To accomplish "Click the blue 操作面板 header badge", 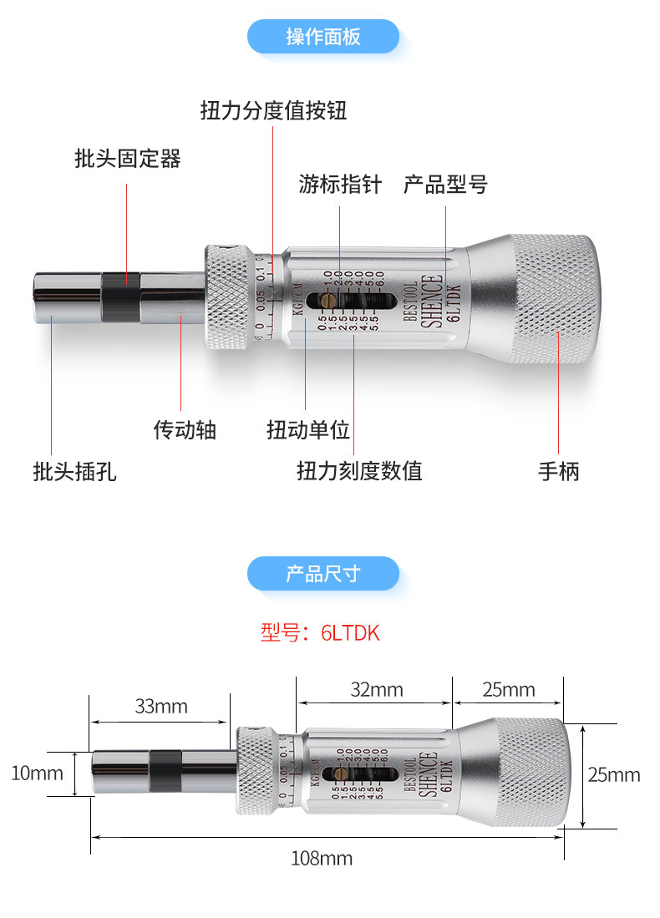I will pos(323,37).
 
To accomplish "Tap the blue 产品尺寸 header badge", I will pos(323,574).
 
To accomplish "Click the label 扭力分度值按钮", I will pos(273,110).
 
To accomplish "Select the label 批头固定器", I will pos(127,158).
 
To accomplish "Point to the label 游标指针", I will pos(339,184).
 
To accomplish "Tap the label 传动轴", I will pos(185,429).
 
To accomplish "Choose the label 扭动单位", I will pos(307,429).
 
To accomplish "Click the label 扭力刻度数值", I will pos(359,471).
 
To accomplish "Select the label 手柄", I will pos(558,471).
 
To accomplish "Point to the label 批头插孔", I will pos(74,471).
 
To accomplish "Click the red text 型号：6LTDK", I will pos(320,633).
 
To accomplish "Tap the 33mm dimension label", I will pos(161,707).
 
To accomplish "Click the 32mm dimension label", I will pos(376,689).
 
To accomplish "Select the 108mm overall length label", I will pos(321,858).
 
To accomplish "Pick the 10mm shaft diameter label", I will pos(37,773).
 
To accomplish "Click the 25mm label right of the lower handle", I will pos(613,774).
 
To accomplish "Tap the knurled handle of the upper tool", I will pos(553,301).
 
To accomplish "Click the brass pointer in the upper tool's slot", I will pos(329,300).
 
